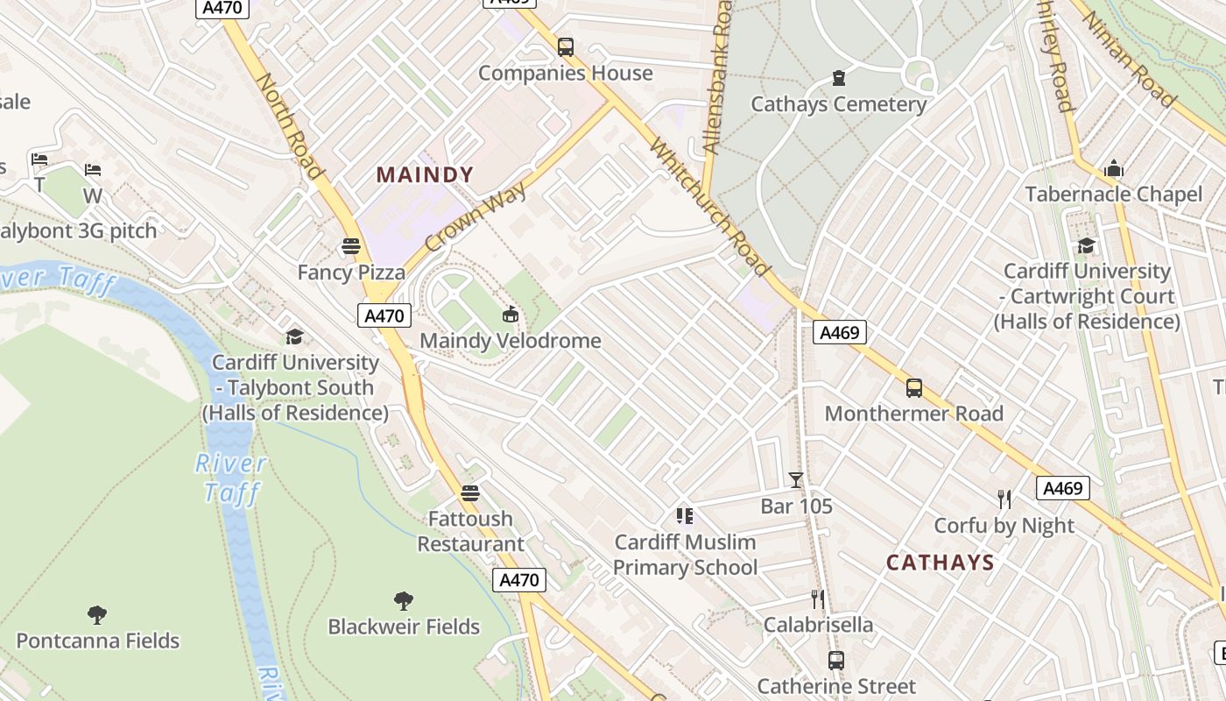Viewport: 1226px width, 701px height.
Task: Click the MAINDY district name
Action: coord(425,174)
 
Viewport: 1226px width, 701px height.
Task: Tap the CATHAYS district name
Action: coord(940,563)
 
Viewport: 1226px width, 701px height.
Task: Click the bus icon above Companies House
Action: coord(566,47)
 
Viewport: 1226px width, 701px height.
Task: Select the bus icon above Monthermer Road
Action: coord(914,387)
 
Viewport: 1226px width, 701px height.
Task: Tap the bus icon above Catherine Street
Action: coord(836,661)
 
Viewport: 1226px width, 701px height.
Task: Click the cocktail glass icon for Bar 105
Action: coord(796,480)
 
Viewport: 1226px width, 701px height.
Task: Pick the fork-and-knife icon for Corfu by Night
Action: coord(1004,499)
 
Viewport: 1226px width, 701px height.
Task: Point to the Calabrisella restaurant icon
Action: coord(818,599)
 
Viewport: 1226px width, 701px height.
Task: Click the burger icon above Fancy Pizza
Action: coord(351,246)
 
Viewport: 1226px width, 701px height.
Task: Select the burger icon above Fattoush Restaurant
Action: coord(470,493)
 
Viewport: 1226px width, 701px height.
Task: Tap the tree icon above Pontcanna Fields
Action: coord(97,615)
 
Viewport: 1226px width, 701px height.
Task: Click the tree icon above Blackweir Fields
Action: coord(404,601)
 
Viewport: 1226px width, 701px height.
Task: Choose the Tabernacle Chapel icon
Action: coord(1114,168)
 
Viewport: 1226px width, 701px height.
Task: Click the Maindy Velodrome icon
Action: coord(511,314)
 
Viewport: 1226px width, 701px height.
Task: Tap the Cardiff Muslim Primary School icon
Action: coord(685,516)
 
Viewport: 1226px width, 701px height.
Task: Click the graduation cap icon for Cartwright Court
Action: coord(1087,245)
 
